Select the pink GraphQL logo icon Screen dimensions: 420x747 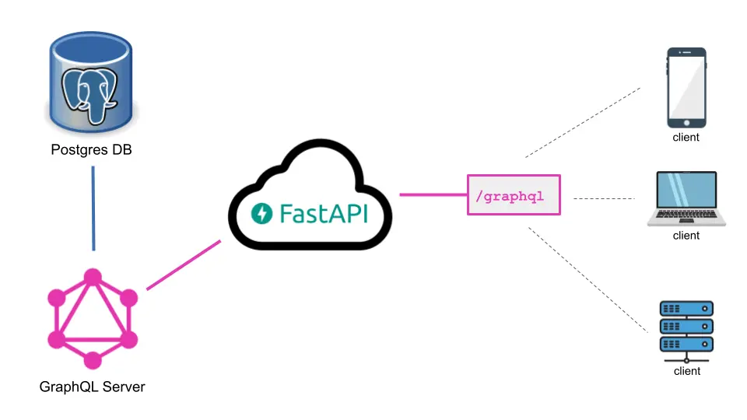pyautogui.click(x=93, y=319)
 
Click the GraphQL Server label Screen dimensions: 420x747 pyautogui.click(x=92, y=387)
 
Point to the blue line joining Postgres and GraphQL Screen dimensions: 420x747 pyautogui.click(x=93, y=208)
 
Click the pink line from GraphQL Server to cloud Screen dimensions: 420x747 pyautogui.click(x=184, y=265)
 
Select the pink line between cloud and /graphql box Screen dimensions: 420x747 pyautogui.click(x=433, y=194)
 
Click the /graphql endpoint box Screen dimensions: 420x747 pyautogui.click(x=514, y=195)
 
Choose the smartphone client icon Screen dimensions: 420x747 pyautogui.click(x=686, y=87)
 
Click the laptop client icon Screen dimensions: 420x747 pyautogui.click(x=686, y=199)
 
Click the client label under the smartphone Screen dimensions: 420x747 pyautogui.click(x=686, y=138)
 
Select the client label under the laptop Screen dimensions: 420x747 pyautogui.click(x=686, y=236)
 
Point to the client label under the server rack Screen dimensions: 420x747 pyautogui.click(x=686, y=371)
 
